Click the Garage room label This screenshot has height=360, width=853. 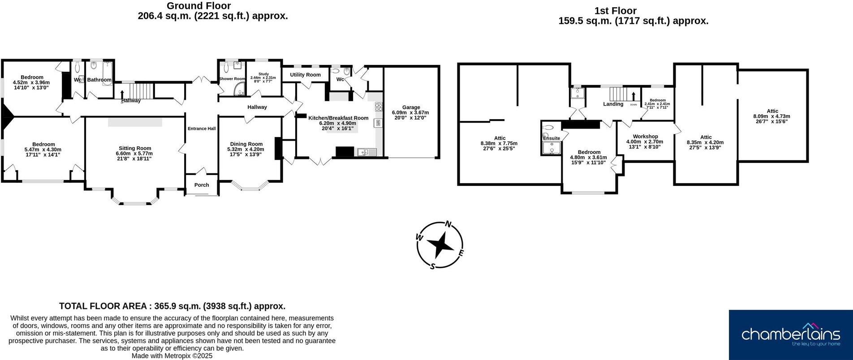pyautogui.click(x=411, y=107)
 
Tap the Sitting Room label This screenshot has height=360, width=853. pyautogui.click(x=135, y=148)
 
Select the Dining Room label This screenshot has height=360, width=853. pyautogui.click(x=246, y=144)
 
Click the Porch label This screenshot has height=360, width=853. pyautogui.click(x=202, y=185)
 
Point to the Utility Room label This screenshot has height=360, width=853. pyautogui.click(x=305, y=75)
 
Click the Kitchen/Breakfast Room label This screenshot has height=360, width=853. pyautogui.click(x=338, y=118)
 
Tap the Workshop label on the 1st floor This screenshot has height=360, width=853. pyautogui.click(x=645, y=137)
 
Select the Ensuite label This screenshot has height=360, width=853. pyautogui.click(x=551, y=138)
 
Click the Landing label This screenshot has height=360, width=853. pyautogui.click(x=613, y=104)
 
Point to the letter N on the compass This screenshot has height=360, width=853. pyautogui.click(x=448, y=224)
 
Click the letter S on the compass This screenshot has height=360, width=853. pyautogui.click(x=432, y=266)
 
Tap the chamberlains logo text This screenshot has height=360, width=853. pyautogui.click(x=790, y=334)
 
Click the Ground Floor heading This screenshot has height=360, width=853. pyautogui.click(x=199, y=6)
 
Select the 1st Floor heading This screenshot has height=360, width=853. pyautogui.click(x=615, y=11)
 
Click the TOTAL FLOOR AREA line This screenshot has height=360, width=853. pyautogui.click(x=172, y=306)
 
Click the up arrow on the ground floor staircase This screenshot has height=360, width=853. pyautogui.click(x=122, y=94)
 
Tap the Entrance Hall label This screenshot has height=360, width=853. pyautogui.click(x=202, y=129)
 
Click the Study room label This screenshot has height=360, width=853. pyautogui.click(x=263, y=74)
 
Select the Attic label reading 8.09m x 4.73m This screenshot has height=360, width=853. pyautogui.click(x=772, y=111)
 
